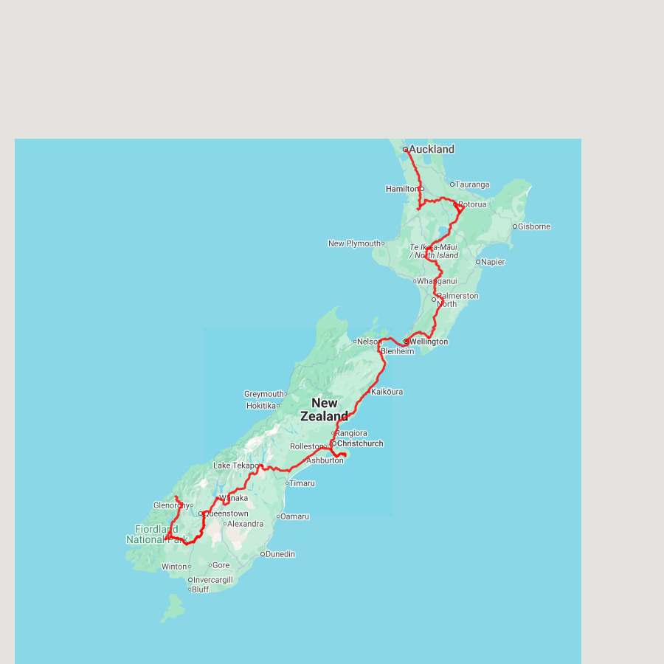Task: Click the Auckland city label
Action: (x=432, y=149)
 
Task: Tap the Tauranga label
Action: (x=472, y=184)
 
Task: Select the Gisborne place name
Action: (x=534, y=226)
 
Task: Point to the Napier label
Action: (x=493, y=262)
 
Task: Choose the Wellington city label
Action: (x=429, y=342)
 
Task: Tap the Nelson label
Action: (x=367, y=342)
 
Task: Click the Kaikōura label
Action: (x=387, y=392)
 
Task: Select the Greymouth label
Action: (x=263, y=394)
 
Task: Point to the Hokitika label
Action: (x=260, y=406)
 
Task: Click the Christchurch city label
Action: (x=360, y=443)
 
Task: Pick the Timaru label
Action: (x=302, y=483)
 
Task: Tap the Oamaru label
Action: (x=295, y=516)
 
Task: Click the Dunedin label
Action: (x=280, y=554)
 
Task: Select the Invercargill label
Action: (x=213, y=580)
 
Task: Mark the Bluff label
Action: (x=201, y=589)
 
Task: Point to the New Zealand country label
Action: (x=324, y=409)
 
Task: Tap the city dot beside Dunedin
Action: (x=262, y=554)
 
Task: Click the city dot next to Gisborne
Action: (x=515, y=226)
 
